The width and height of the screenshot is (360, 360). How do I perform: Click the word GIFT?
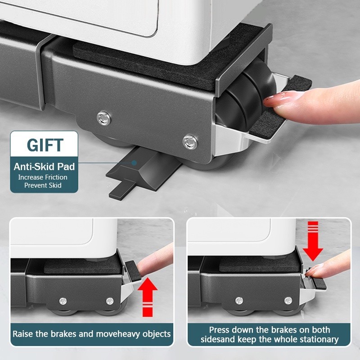45,145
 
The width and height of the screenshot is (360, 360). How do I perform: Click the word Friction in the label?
56,177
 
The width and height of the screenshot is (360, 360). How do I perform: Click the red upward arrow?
148,297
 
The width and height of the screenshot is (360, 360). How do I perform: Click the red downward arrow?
312,241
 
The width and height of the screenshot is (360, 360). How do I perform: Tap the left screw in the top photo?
103,118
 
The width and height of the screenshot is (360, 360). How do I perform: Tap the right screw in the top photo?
190,142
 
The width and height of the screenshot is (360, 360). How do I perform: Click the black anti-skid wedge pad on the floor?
142,170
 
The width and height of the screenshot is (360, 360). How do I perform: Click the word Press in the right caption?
219,330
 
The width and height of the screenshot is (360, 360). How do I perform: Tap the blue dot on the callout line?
134,163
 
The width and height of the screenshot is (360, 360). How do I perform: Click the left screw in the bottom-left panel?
63,301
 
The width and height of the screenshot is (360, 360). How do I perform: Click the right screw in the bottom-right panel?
288,300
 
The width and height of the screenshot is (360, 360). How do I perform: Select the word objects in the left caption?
157,334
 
